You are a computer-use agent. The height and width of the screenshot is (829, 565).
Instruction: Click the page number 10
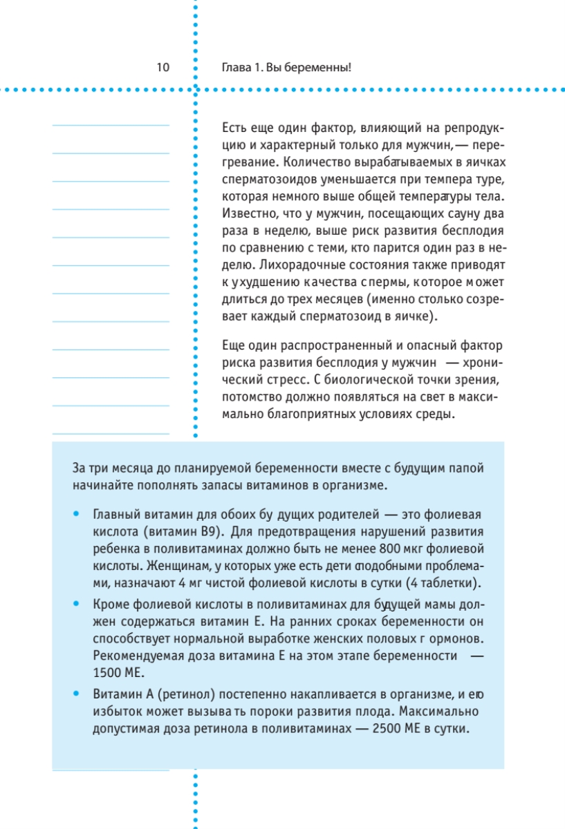[x=163, y=68]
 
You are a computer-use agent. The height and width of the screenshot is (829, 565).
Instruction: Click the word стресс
[x=284, y=381]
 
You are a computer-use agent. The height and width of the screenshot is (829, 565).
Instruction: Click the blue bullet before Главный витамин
[x=75, y=515]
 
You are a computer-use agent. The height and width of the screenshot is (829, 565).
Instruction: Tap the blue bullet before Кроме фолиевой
[x=75, y=602]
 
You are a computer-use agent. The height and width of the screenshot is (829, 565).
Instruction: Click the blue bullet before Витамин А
[x=75, y=693]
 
